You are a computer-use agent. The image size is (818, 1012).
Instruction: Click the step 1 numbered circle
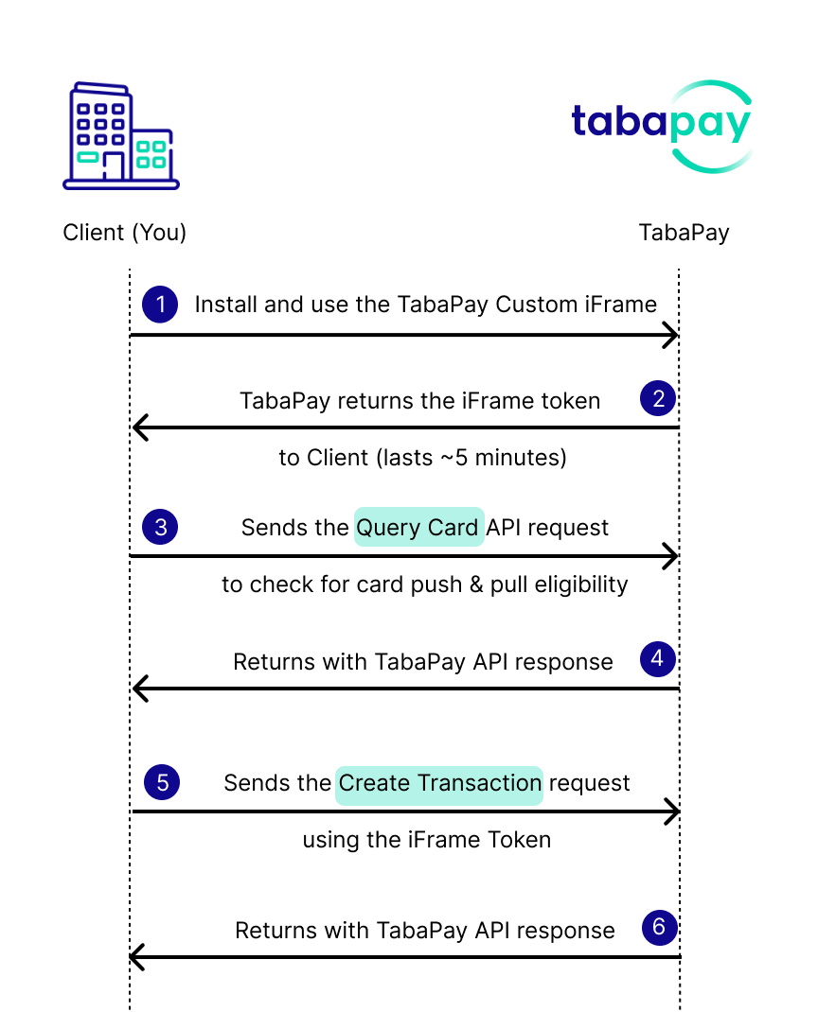coord(160,305)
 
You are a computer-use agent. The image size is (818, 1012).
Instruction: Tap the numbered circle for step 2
coord(658,398)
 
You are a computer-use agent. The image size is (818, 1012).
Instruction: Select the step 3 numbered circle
coord(160,526)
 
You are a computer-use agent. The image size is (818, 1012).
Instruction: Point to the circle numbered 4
coord(658,658)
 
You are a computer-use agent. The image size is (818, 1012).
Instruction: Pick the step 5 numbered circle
coord(162,782)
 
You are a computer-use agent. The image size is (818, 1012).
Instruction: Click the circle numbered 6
coord(659,928)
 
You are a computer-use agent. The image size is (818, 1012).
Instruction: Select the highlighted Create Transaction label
coord(439,783)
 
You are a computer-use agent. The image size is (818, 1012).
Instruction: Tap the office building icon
coord(120,137)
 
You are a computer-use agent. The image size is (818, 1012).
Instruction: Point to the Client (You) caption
coord(124,233)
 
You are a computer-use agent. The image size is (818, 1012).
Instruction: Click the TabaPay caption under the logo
coord(684,233)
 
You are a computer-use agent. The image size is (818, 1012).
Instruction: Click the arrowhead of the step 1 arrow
coord(671,335)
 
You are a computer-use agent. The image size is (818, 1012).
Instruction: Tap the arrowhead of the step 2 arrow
coord(139,427)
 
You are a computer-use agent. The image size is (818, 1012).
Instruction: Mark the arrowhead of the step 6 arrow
coord(135,957)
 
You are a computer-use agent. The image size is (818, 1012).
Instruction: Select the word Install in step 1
coord(223,305)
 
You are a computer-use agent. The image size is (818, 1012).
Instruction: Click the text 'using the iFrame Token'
coord(426,839)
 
